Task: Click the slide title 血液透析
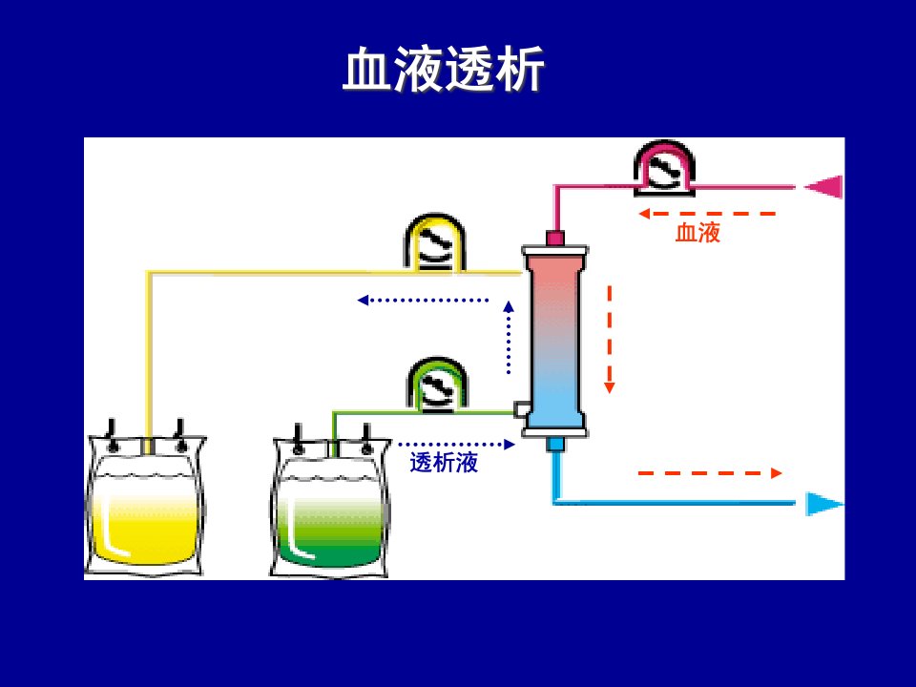point(444,69)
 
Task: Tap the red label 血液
point(697,233)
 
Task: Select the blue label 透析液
point(444,463)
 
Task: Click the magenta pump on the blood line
point(664,167)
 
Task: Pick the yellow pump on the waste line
point(435,243)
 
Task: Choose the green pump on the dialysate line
point(437,385)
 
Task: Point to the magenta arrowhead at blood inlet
point(823,187)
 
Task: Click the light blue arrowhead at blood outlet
point(824,504)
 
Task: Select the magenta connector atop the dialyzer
point(555,238)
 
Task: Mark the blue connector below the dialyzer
point(555,445)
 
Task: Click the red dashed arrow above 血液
point(707,214)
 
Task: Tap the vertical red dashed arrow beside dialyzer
point(610,340)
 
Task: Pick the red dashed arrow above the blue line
point(710,473)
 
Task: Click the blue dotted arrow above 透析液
point(456,445)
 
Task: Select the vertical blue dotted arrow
point(509,337)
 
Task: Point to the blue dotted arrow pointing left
point(423,301)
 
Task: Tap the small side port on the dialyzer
point(520,409)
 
